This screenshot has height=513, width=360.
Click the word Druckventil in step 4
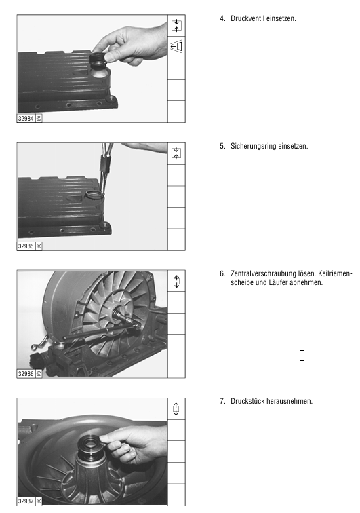247,18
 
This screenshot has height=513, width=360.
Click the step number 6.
222,273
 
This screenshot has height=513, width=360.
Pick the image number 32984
26,119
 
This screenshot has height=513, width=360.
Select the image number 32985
26,246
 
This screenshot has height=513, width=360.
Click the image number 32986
26,374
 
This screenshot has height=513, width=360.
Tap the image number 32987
26,501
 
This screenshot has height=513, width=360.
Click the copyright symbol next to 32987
39,501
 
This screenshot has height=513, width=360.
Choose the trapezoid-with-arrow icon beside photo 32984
176,46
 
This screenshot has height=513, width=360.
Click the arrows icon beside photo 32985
176,153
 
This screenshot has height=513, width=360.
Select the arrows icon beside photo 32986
176,281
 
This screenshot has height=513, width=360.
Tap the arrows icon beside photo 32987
176,408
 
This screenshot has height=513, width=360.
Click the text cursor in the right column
302,356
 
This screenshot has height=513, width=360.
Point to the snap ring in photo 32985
94,195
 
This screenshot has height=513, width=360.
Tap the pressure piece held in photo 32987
91,446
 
